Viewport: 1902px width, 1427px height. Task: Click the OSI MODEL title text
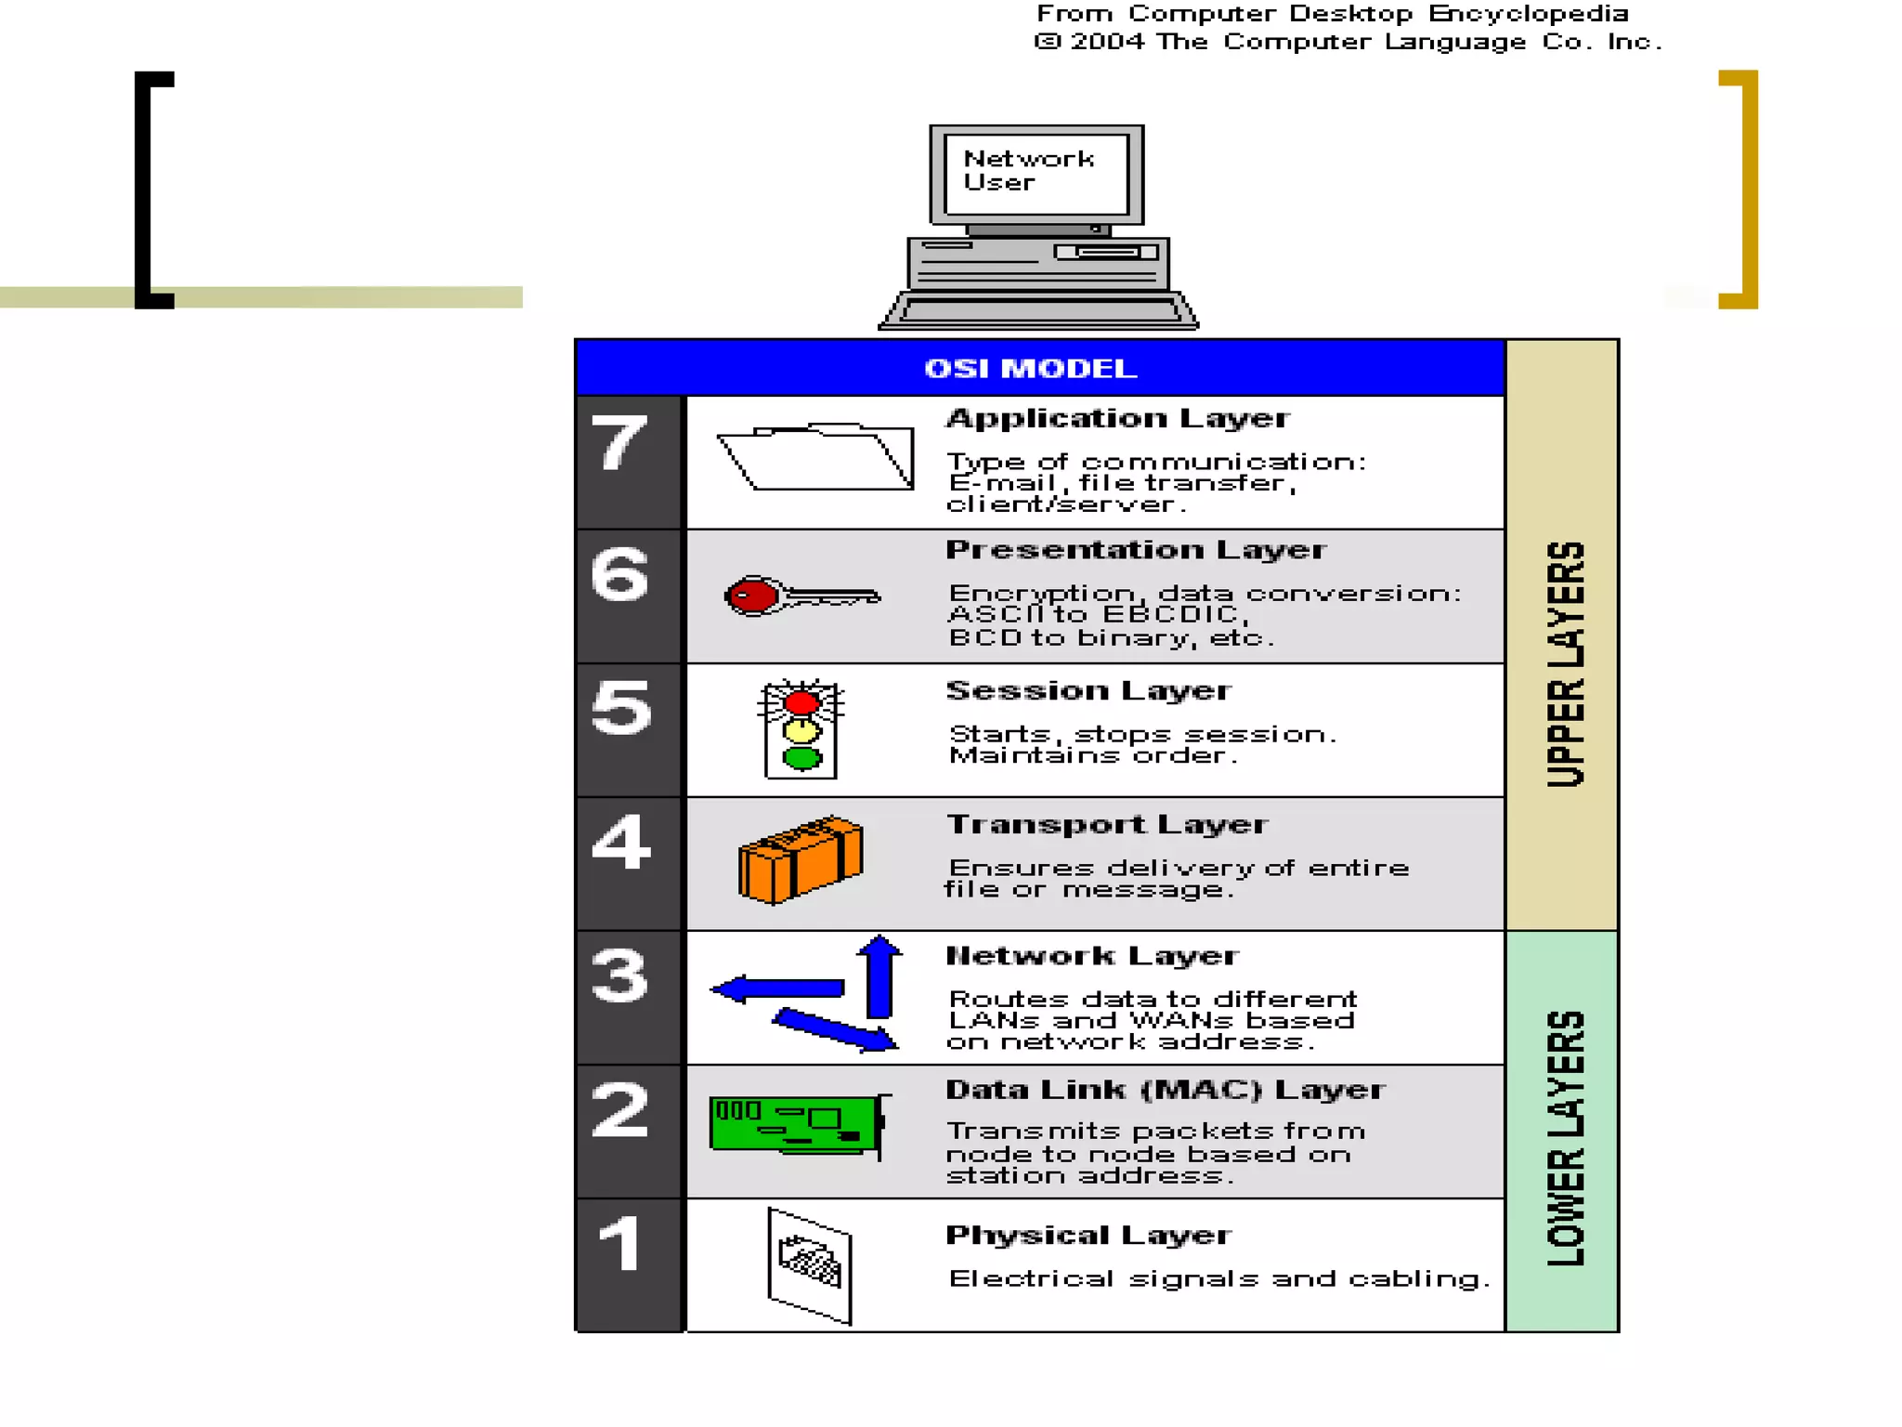(1030, 368)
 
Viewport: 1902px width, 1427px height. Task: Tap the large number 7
(619, 442)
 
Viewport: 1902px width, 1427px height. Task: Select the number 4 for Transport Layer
(620, 842)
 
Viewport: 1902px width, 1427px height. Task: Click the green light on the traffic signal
(801, 758)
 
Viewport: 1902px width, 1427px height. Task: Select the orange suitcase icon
(801, 859)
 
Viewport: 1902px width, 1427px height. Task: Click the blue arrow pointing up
(879, 975)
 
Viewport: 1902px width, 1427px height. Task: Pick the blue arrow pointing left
(778, 988)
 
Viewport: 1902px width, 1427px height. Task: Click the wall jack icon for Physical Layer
(809, 1264)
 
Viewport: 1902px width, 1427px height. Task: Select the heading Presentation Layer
(1136, 549)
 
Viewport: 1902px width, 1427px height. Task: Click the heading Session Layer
(1088, 690)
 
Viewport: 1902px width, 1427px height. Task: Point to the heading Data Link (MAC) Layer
(1165, 1089)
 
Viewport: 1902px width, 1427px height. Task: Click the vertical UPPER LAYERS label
(1565, 663)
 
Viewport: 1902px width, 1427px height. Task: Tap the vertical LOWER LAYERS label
(1565, 1137)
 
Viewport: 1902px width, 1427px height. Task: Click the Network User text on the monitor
(1028, 171)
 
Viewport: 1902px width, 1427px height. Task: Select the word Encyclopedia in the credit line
(1528, 14)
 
